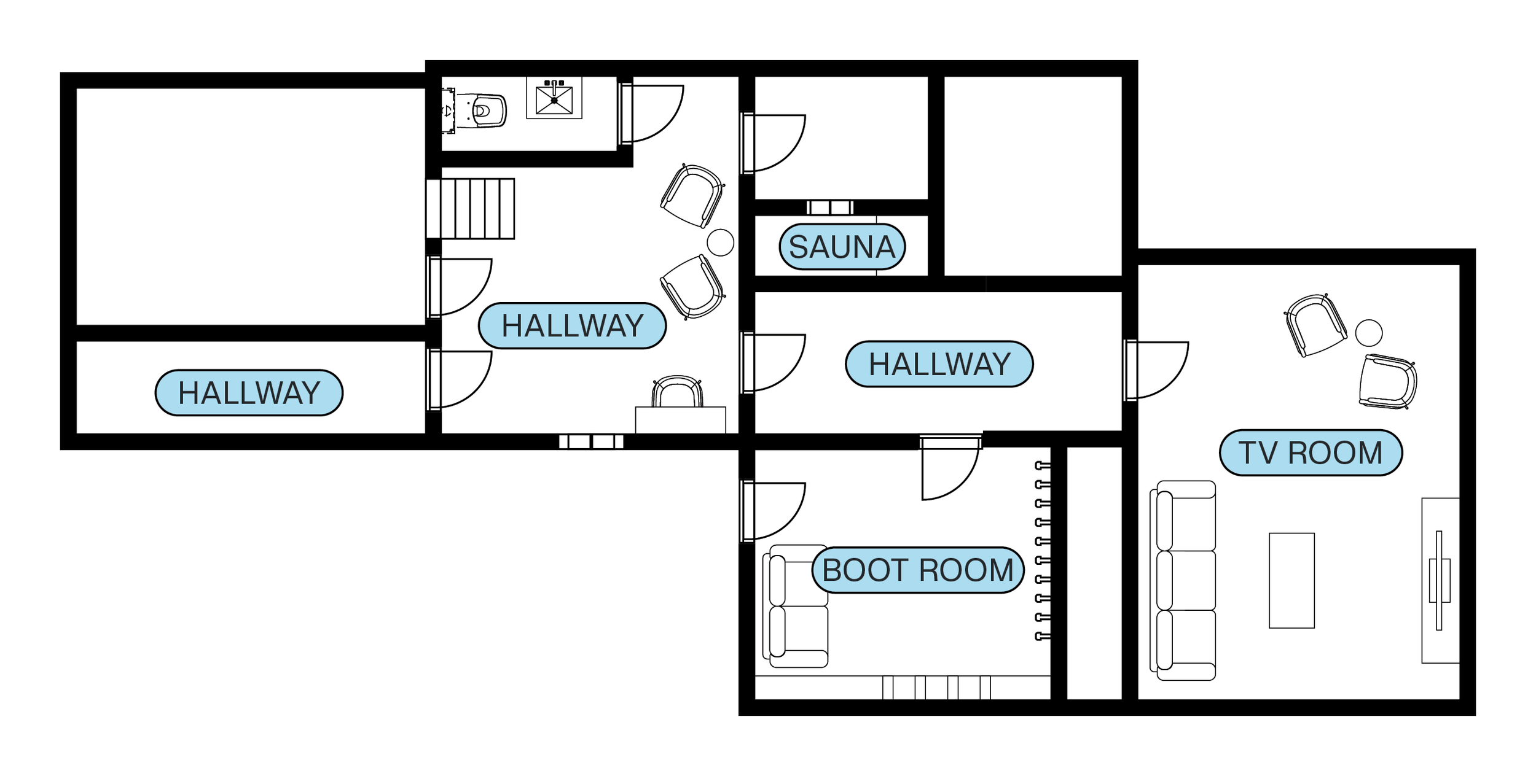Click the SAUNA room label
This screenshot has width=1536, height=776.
tap(842, 247)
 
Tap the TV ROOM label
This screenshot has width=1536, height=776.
tap(1311, 453)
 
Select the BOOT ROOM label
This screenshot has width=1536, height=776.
tap(917, 570)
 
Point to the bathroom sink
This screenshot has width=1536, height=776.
tap(554, 99)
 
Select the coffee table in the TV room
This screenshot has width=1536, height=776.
tap(1291, 580)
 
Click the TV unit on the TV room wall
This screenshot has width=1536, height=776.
tap(1440, 580)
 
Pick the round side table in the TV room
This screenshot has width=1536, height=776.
tap(1369, 333)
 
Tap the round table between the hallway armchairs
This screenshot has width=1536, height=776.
tap(720, 243)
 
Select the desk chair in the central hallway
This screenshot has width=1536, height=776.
tap(677, 392)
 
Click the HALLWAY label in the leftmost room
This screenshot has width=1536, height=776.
tap(249, 393)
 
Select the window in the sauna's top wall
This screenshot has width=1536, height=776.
tap(829, 208)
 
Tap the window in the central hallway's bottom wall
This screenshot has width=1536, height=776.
tap(591, 441)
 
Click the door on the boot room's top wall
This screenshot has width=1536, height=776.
tap(949, 467)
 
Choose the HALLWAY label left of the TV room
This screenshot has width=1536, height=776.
tap(939, 364)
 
